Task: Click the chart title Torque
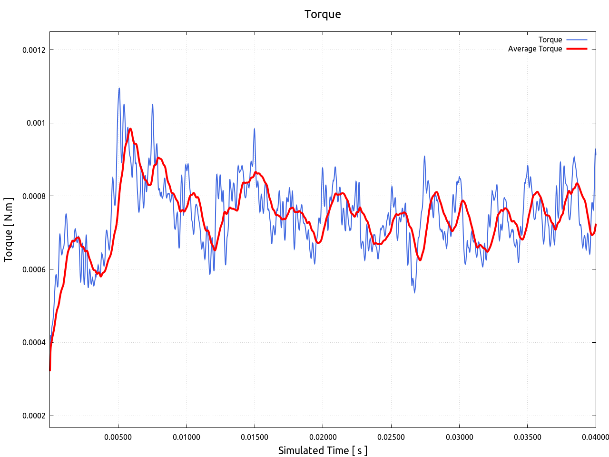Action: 323,14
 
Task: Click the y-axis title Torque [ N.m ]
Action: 9,229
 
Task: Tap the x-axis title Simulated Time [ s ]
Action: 323,450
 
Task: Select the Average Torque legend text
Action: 535,49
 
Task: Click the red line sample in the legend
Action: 577,49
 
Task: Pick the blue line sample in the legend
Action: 577,40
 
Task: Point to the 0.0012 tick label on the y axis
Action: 34,50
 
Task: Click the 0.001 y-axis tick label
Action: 36,123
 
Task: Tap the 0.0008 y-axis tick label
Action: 34,196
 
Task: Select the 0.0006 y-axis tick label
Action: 34,269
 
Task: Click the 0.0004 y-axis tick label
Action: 34,342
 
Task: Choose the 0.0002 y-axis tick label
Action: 34,416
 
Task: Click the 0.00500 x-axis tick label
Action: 118,437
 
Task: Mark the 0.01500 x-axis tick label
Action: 255,437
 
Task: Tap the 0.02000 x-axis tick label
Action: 323,437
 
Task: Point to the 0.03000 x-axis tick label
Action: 459,437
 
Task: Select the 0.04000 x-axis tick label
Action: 596,437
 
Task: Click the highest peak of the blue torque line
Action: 119,88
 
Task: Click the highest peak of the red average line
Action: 130,129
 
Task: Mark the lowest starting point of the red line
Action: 50,370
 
